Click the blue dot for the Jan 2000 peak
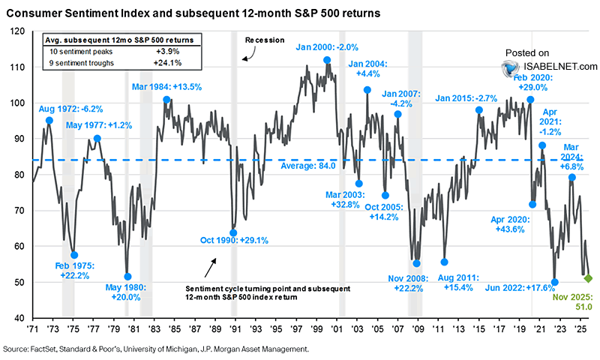(x=327, y=60)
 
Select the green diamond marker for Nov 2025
(x=588, y=278)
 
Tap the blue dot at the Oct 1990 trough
(x=233, y=232)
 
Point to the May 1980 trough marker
(x=127, y=277)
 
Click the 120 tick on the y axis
(x=19, y=31)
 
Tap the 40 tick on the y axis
(x=19, y=319)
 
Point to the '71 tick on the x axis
(x=33, y=330)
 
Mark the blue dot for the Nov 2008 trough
(x=417, y=263)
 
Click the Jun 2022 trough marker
(x=555, y=282)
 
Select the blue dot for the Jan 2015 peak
(x=478, y=110)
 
